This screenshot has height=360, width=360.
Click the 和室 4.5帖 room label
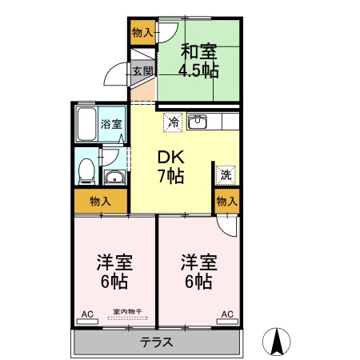199,61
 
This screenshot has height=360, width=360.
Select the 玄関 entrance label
142,71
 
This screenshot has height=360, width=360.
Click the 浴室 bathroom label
111,124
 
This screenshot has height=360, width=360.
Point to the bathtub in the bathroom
86,123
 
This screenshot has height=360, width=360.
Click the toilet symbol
87,169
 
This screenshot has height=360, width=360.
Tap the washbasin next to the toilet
114,178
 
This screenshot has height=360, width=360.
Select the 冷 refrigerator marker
173,122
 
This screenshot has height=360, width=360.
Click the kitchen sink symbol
198,122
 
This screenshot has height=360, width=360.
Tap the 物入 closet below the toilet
100,201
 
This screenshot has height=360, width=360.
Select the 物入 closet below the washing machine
226,201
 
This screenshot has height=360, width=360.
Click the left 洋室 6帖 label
114,271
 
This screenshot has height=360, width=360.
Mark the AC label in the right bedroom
226,314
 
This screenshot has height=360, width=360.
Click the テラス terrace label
157,342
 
